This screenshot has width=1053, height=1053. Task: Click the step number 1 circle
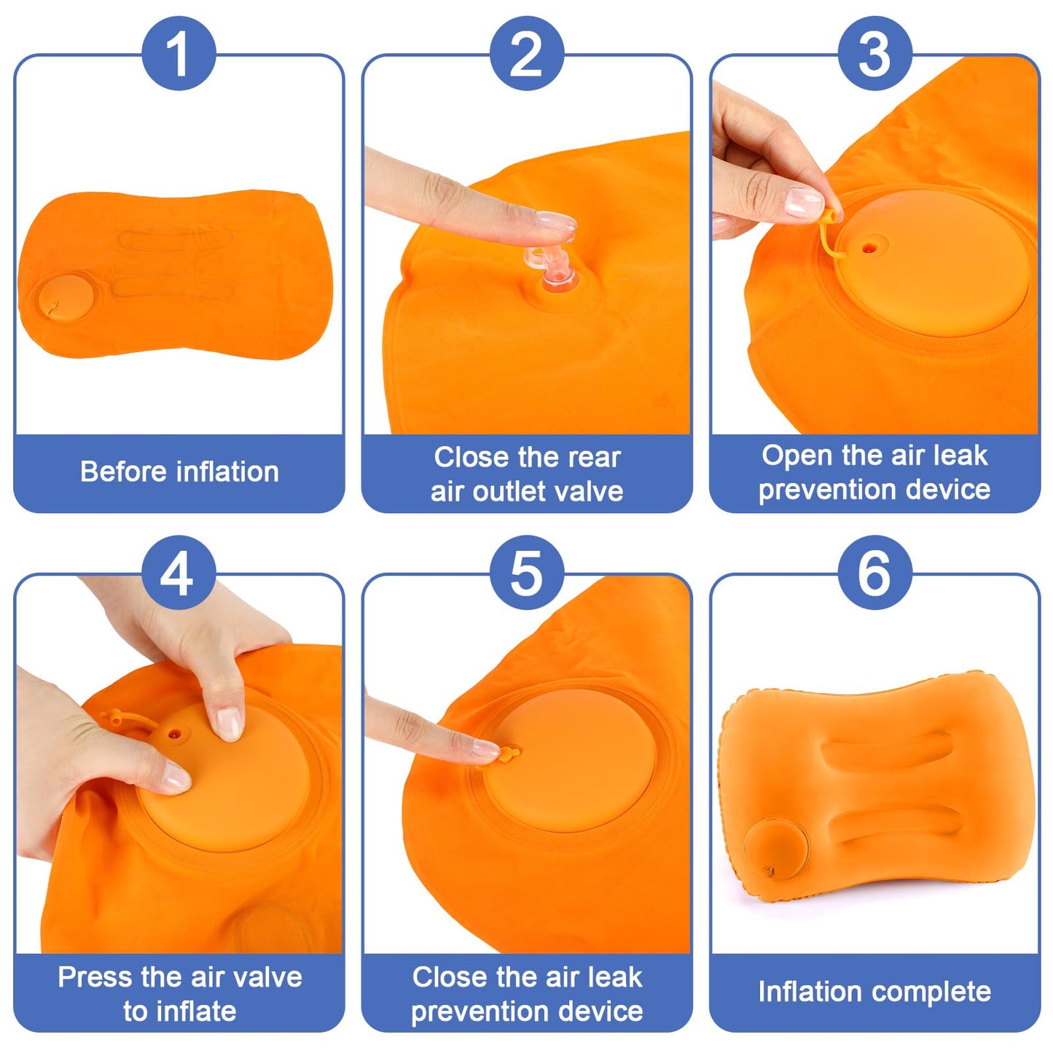click(179, 54)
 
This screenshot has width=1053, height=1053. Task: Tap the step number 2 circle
click(526, 54)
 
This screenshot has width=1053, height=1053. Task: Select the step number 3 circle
click(874, 54)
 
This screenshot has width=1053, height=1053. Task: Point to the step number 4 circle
click(179, 573)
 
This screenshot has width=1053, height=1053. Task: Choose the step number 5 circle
click(526, 573)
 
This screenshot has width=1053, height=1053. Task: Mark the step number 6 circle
click(874, 573)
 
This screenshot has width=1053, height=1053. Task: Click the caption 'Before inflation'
click(179, 471)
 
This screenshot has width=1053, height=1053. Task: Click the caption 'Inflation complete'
click(874, 992)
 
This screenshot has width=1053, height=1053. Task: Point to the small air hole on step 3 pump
click(867, 248)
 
